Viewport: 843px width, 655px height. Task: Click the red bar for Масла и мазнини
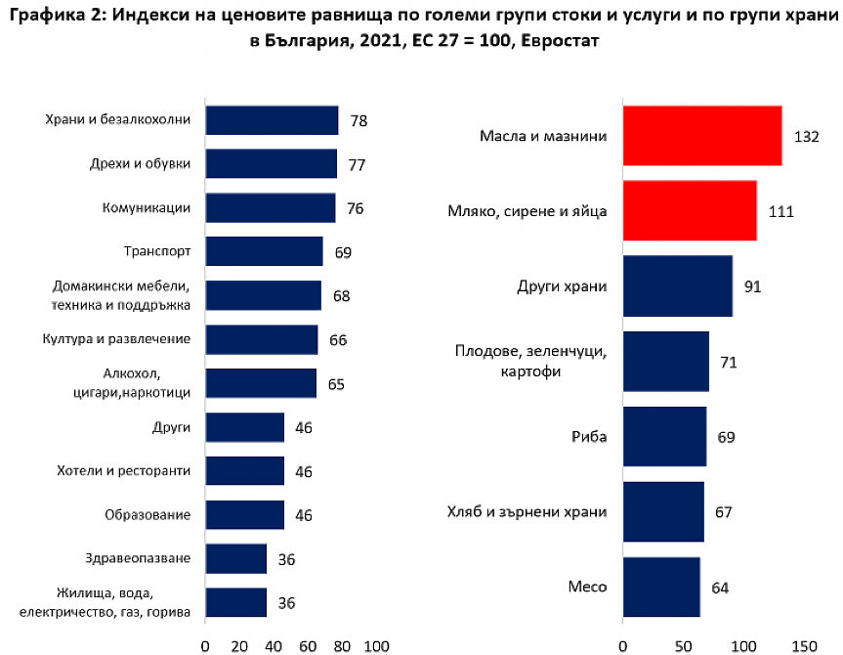pos(701,136)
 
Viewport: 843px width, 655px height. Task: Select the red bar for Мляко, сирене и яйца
pos(689,211)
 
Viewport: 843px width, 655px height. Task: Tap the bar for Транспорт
pos(264,251)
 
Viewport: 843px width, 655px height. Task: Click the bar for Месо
pos(661,587)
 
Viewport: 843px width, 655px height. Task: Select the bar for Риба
pos(664,436)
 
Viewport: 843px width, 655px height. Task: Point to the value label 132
pos(806,137)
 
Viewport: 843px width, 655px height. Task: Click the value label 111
pos(780,211)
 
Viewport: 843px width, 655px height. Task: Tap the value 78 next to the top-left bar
pos(358,120)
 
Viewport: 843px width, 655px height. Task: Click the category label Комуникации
pos(146,207)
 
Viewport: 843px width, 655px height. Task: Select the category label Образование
pos(148,514)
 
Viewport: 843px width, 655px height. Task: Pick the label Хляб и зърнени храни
pos(527,511)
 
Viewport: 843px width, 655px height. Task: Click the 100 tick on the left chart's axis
pos(376,645)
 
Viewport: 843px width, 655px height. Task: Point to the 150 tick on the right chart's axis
pos(803,645)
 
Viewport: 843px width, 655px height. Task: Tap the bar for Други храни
pos(677,286)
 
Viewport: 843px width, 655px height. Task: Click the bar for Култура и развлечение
pos(262,339)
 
